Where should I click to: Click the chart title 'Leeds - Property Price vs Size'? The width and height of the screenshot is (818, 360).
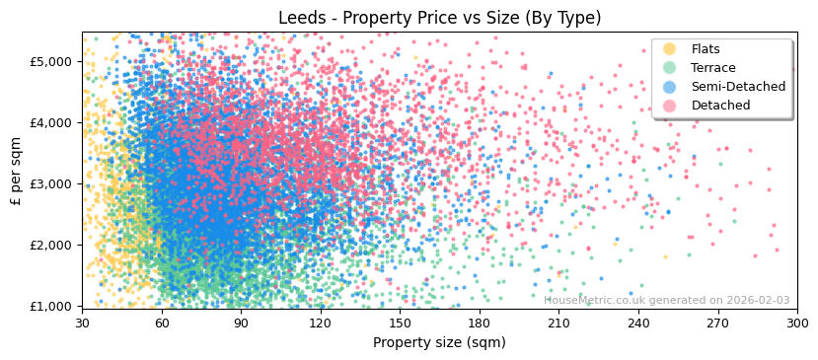pyautogui.click(x=439, y=18)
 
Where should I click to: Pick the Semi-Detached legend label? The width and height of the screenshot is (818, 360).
pyautogui.click(x=738, y=87)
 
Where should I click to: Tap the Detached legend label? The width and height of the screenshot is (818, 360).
pyautogui.click(x=720, y=106)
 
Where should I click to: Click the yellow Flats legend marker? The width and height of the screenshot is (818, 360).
pyautogui.click(x=670, y=49)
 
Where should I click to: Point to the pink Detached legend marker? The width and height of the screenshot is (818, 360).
pyautogui.click(x=670, y=106)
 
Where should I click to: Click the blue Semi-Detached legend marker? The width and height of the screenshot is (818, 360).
pyautogui.click(x=670, y=87)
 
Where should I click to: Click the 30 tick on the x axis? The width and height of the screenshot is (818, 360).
pyautogui.click(x=82, y=324)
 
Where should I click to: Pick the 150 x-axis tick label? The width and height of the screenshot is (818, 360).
pyautogui.click(x=400, y=324)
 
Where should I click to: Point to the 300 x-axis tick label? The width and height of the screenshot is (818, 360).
pyautogui.click(x=797, y=324)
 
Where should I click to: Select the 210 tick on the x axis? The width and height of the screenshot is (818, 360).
pyautogui.click(x=558, y=324)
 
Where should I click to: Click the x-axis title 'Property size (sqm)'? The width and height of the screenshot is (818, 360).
pyautogui.click(x=439, y=342)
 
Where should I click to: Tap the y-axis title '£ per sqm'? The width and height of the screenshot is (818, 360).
pyautogui.click(x=16, y=171)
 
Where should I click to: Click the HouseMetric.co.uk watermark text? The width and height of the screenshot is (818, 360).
pyautogui.click(x=666, y=300)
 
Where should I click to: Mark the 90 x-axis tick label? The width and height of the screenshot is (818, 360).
pyautogui.click(x=241, y=324)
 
